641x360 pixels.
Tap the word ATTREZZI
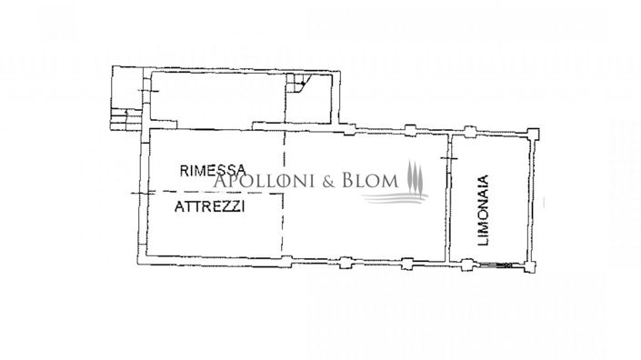click(211, 206)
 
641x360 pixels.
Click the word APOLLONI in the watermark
click(264, 182)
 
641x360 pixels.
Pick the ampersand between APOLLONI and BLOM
click(329, 182)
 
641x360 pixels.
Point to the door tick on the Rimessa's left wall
click(139, 194)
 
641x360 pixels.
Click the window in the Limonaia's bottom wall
click(498, 265)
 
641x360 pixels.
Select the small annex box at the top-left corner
click(126, 85)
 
